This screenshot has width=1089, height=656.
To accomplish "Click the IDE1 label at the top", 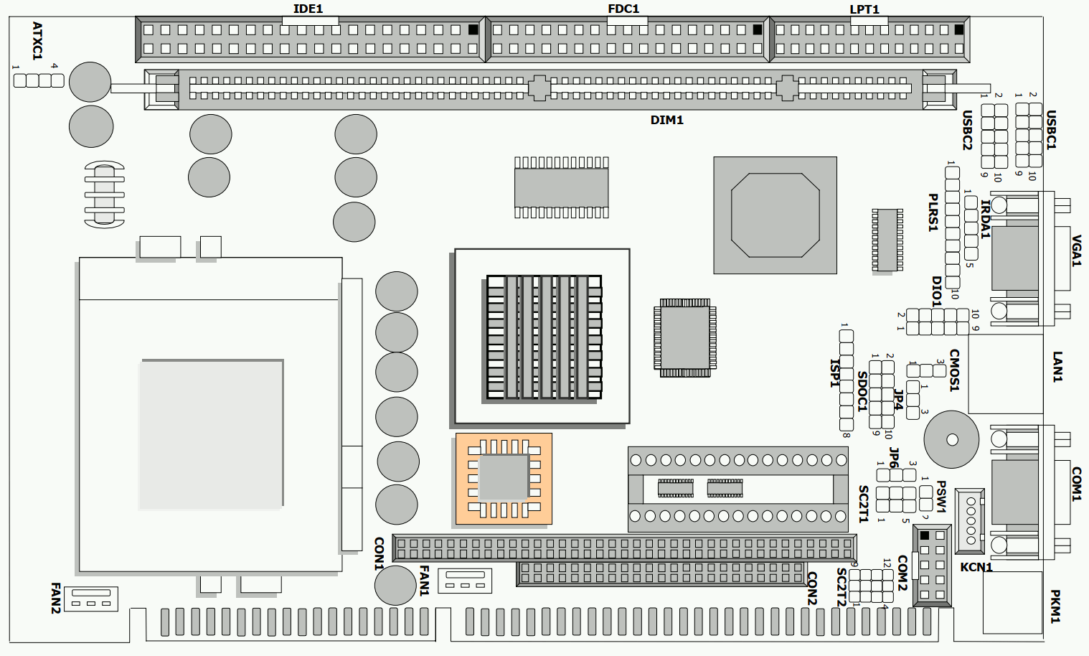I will click(x=308, y=9).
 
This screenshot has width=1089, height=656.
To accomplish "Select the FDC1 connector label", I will click(x=623, y=9).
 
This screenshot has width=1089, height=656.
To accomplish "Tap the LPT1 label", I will click(x=864, y=9).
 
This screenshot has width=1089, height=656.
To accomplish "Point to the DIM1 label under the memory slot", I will click(x=666, y=120).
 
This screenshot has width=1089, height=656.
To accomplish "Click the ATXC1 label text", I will click(x=37, y=41).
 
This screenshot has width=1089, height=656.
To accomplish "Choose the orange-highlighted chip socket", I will click(x=504, y=479).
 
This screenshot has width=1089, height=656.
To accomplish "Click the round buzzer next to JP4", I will click(x=951, y=439).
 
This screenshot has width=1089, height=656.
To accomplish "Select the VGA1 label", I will click(x=1075, y=250).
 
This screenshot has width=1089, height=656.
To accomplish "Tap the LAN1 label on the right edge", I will click(x=1057, y=367).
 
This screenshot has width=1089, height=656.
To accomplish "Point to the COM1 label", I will click(x=1075, y=484).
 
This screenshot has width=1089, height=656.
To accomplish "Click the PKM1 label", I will click(x=1055, y=606).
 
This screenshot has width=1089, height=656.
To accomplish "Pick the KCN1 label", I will click(x=976, y=567).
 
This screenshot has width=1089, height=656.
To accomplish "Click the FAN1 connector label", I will click(x=424, y=581).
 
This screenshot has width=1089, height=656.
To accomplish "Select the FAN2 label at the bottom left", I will click(x=55, y=599).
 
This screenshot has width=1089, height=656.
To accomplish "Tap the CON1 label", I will click(x=379, y=553).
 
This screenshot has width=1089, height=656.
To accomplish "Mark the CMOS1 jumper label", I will click(x=954, y=370).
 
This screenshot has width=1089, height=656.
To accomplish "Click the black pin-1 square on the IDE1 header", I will click(x=473, y=30).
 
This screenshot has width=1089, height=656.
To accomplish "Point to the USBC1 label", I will click(x=1051, y=130).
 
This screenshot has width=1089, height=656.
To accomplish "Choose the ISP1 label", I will click(x=834, y=373).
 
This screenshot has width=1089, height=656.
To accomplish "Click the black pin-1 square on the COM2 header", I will click(x=924, y=535).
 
